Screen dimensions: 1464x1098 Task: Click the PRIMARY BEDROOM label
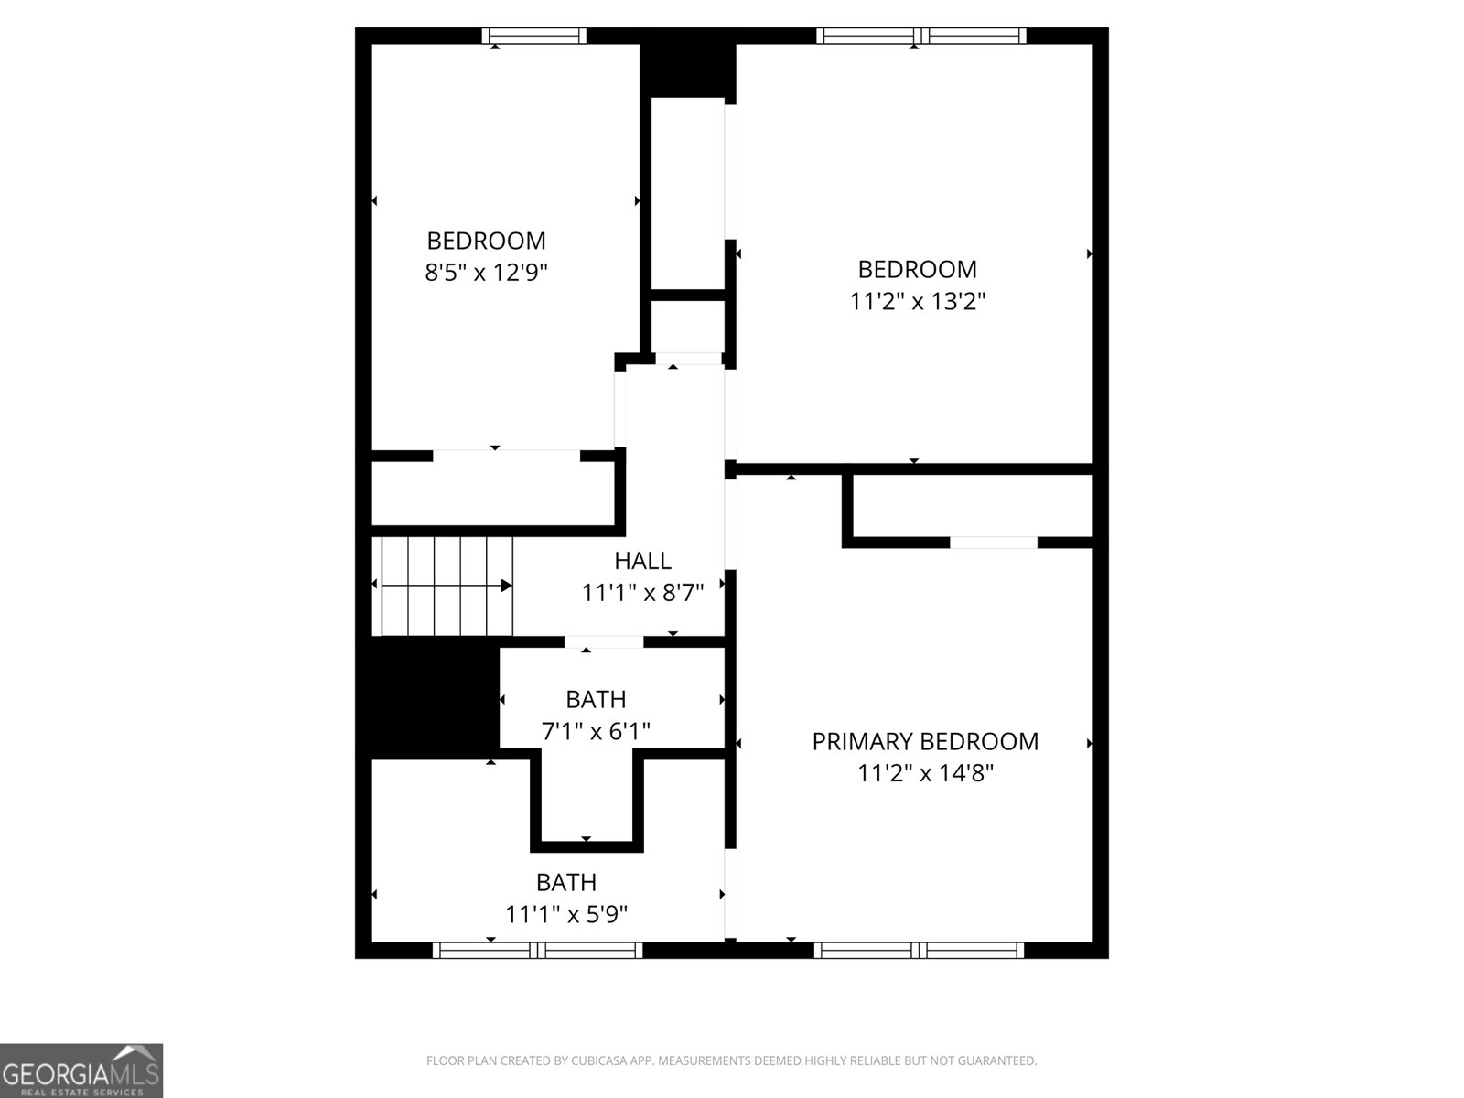coord(925,741)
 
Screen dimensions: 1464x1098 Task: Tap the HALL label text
coord(643,561)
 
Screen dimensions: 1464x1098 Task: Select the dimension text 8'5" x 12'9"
coord(486,272)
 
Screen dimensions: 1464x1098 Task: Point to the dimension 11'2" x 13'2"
coord(917,301)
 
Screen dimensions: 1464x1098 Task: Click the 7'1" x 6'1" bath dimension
coord(596,731)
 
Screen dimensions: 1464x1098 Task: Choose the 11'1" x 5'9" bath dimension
coord(566,914)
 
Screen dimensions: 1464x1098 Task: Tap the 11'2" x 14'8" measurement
coord(925,773)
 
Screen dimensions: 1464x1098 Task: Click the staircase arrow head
coord(507,586)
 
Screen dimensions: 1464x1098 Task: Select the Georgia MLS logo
coord(81,1070)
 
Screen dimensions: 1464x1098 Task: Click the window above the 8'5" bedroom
coord(534,36)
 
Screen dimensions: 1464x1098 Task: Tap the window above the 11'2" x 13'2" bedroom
coord(921,36)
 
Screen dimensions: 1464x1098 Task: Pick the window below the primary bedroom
coord(919,950)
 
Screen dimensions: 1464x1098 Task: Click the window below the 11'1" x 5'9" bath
coord(538,950)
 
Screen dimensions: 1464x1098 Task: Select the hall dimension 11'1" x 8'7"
coord(643,593)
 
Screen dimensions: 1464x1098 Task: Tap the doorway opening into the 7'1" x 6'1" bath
coord(604,642)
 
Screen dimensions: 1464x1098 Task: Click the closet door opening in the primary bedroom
coord(993,543)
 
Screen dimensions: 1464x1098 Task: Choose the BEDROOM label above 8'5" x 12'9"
coord(486,240)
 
